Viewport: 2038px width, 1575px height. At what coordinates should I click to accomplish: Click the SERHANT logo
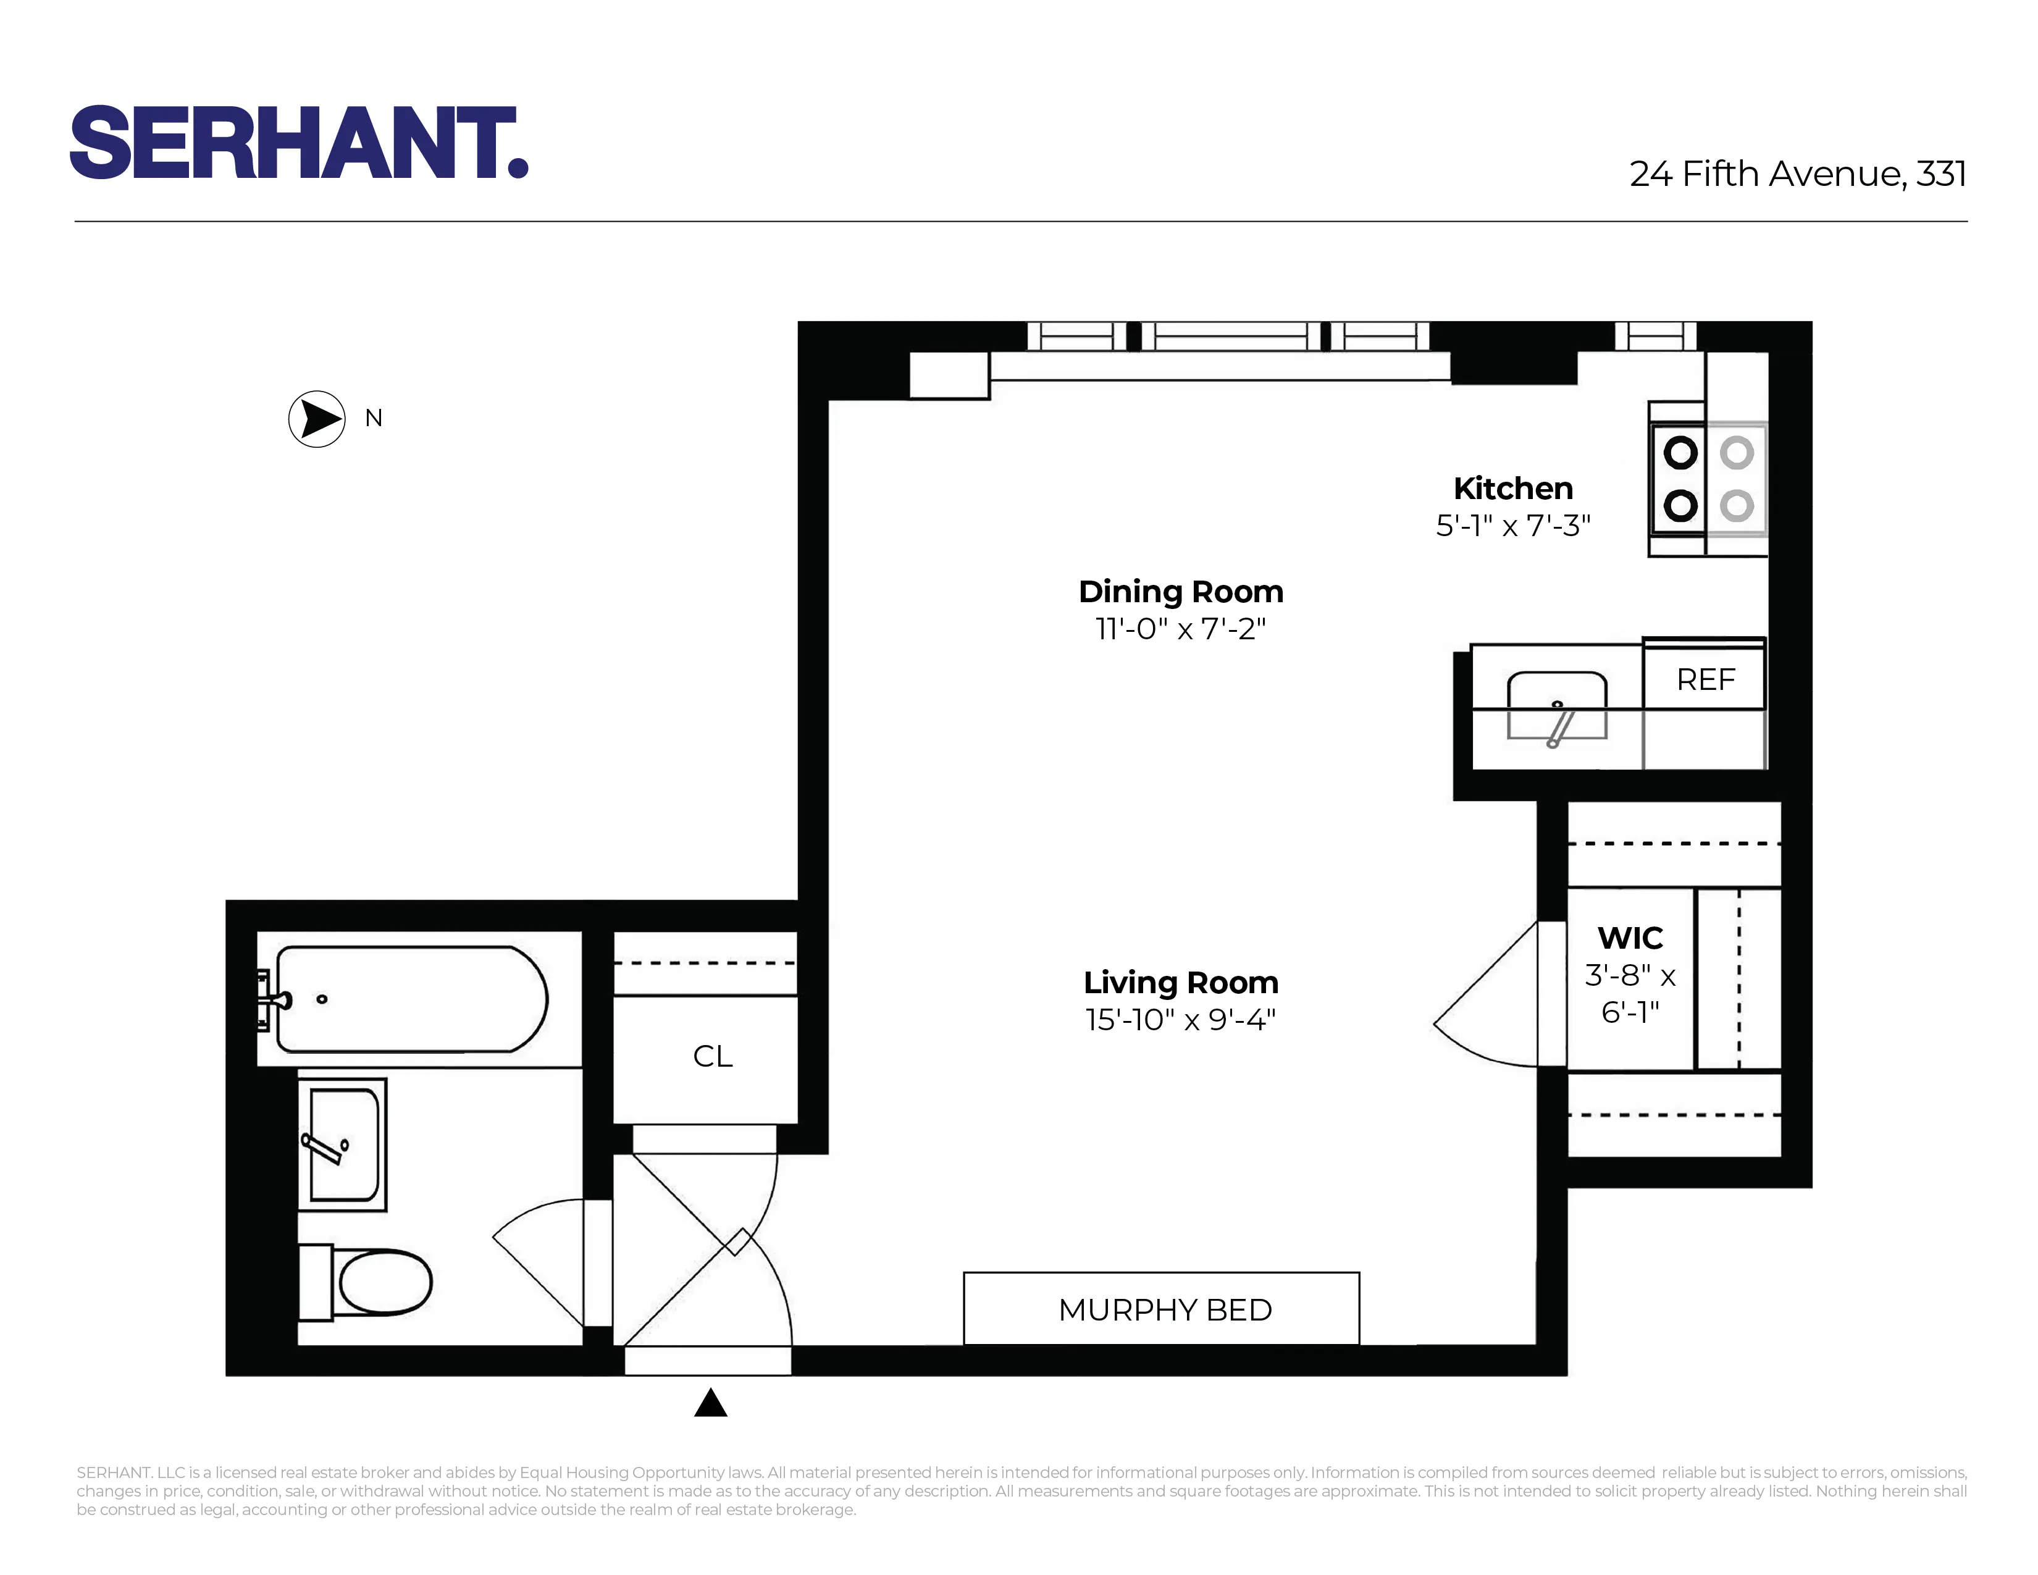(299, 142)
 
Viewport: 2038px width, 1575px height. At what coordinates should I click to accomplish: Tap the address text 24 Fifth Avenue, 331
(1797, 174)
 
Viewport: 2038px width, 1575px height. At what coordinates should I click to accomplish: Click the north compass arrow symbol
(317, 419)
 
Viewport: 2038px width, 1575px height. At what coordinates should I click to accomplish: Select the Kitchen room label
(1512, 488)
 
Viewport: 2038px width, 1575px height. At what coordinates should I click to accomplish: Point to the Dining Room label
(1180, 592)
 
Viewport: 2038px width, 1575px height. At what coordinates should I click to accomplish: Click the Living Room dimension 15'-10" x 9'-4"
(1180, 1020)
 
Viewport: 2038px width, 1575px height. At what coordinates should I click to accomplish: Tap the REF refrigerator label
(1705, 679)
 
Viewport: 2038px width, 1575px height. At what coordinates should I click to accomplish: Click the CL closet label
(712, 1056)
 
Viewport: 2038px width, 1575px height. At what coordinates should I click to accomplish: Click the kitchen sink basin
(1556, 707)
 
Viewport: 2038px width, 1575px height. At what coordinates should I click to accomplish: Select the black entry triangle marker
(710, 1403)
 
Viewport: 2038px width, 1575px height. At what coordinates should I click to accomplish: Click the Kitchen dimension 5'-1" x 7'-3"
(1512, 526)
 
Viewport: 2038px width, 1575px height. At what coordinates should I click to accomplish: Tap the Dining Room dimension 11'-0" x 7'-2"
(1180, 629)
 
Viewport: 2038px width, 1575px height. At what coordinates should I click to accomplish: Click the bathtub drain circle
(322, 999)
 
